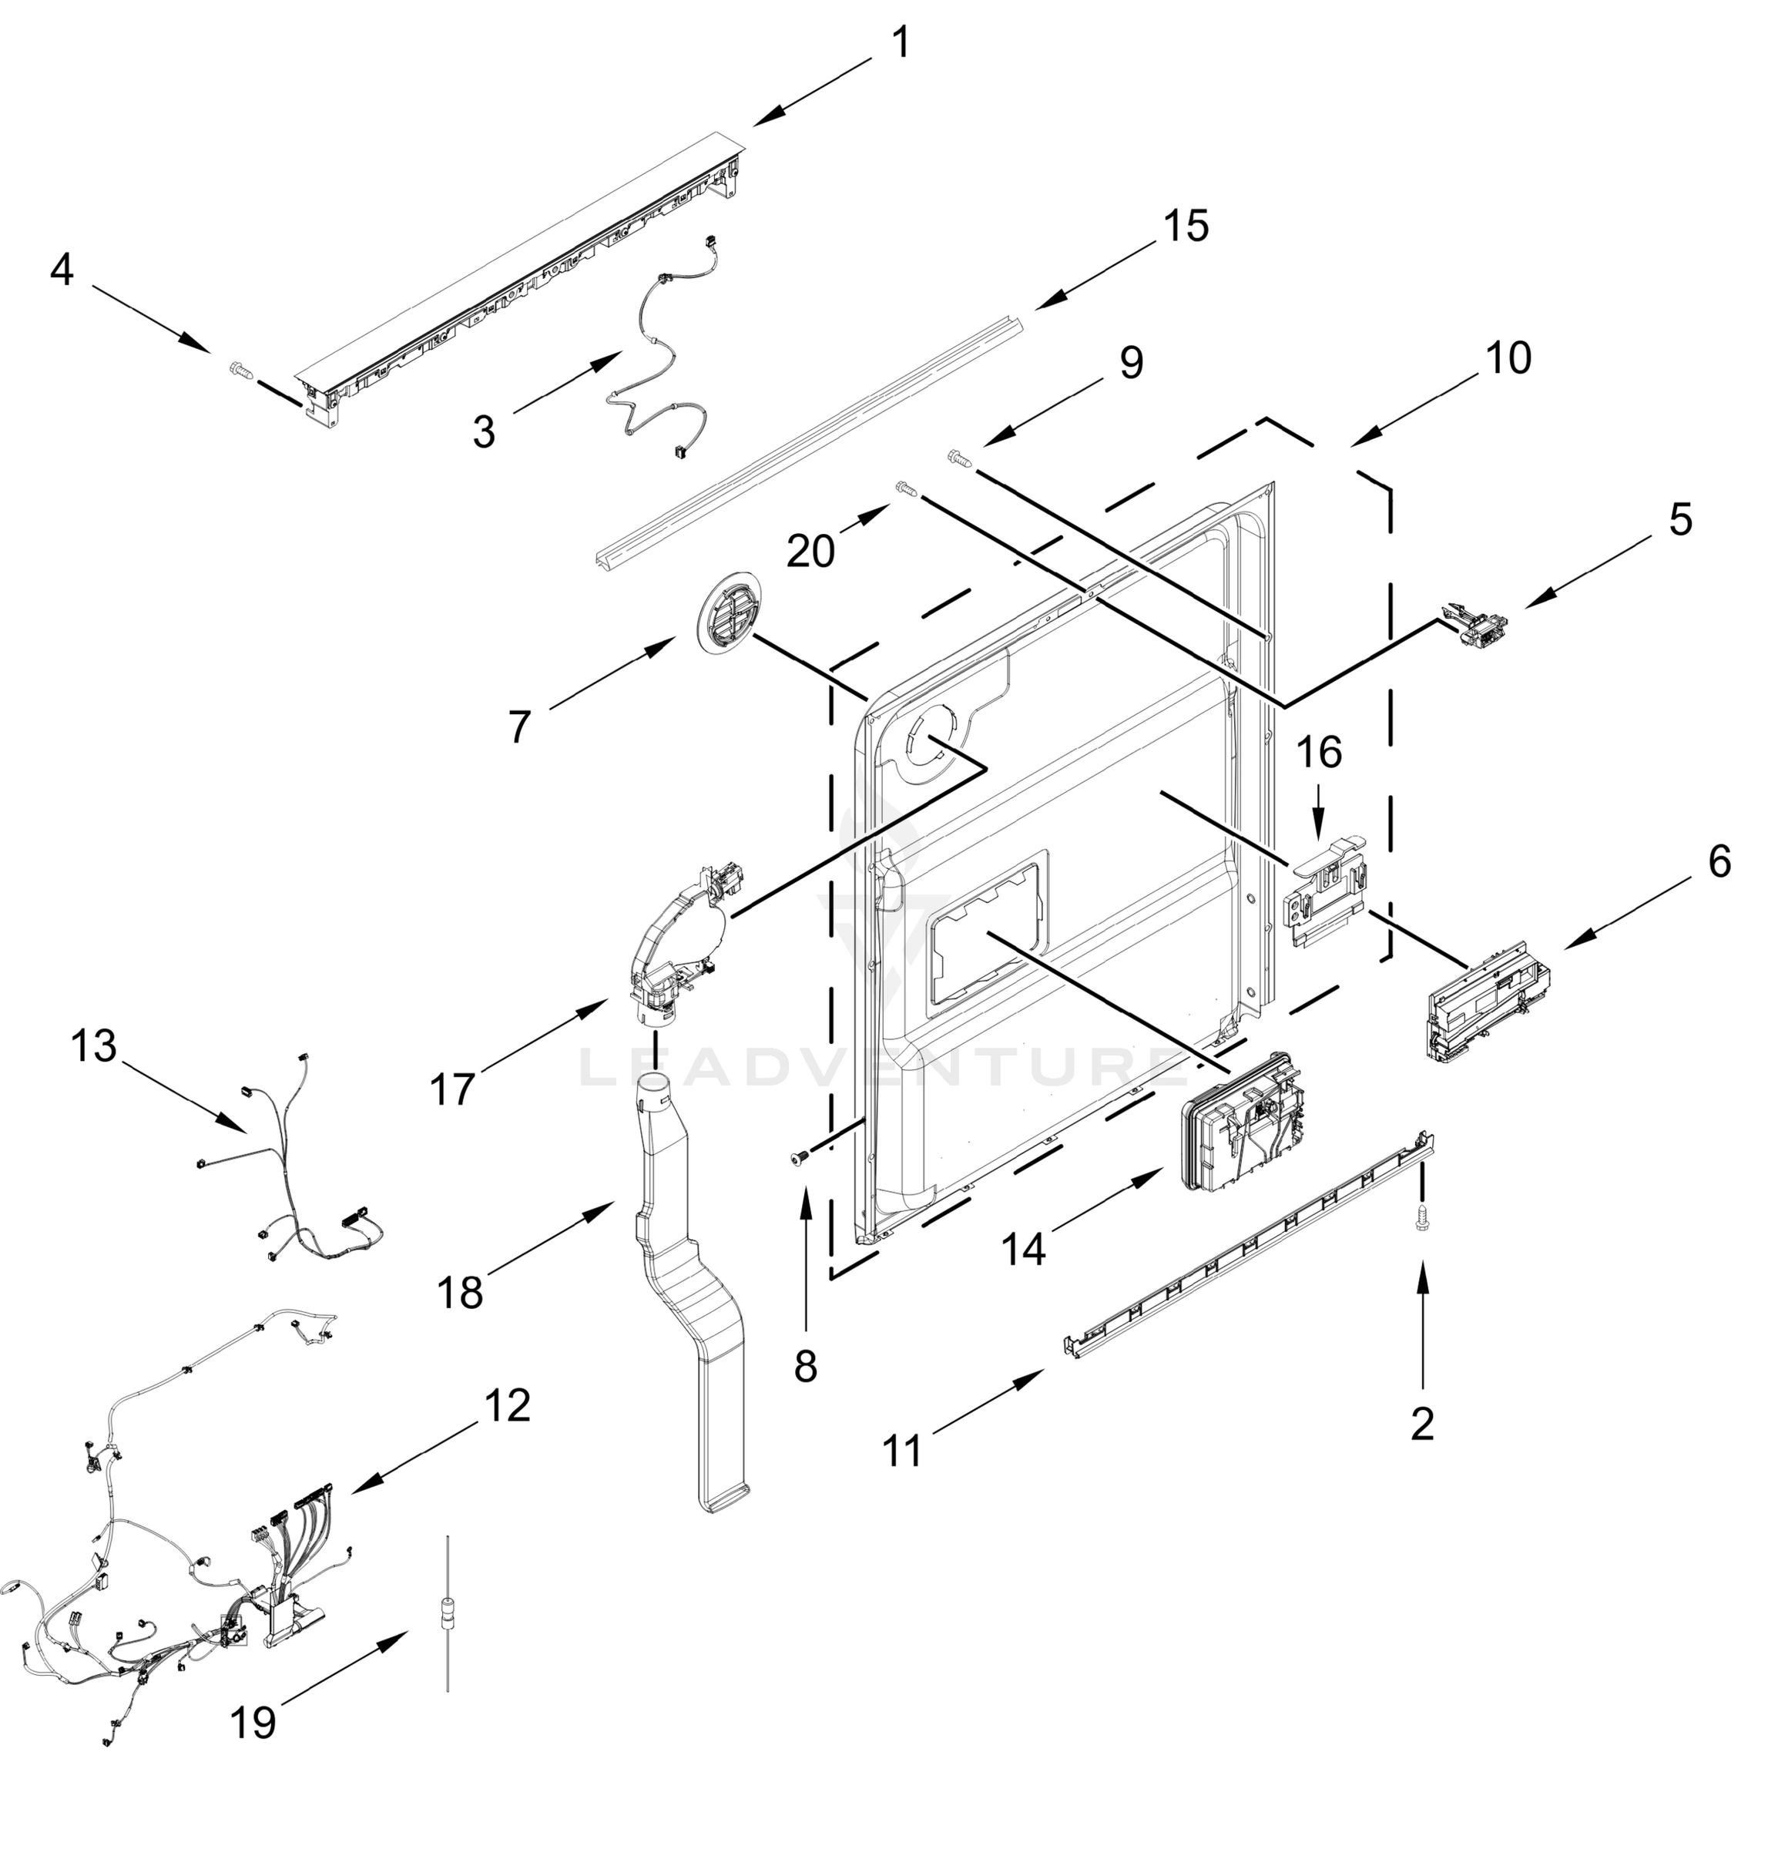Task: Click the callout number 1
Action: tap(901, 43)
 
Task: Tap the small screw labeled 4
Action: tap(241, 372)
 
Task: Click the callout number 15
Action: tap(1186, 227)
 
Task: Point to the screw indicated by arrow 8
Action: tap(798, 1158)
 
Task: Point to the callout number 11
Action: tap(903, 1451)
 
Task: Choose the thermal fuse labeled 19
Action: tap(448, 1612)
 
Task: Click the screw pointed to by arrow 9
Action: tap(958, 458)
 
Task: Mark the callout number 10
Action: tap(1510, 358)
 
